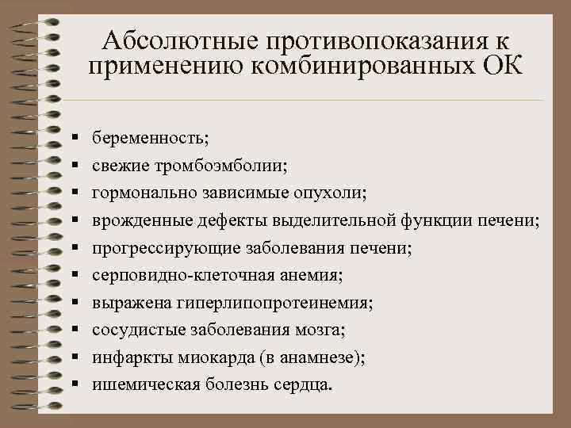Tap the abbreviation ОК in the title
(501, 67)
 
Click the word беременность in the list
(148, 139)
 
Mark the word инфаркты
(126, 357)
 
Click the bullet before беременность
(73, 139)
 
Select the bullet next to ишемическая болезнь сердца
(73, 384)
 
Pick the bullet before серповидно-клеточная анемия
(73, 275)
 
